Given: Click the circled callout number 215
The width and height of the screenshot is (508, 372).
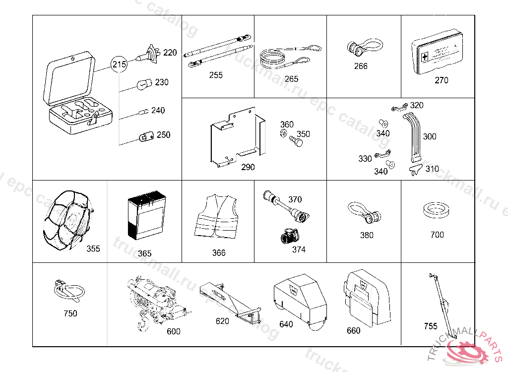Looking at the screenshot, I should pos(119,64).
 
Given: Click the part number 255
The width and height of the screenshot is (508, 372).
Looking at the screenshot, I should pos(216,75).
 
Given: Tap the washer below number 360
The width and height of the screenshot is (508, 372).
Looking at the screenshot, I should pos(283,134).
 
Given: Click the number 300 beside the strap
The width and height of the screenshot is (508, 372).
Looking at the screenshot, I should pos(430,136).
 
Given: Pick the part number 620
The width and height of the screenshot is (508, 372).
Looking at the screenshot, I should pos(222,321).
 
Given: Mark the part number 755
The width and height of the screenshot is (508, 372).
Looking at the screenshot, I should pos(431,326).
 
